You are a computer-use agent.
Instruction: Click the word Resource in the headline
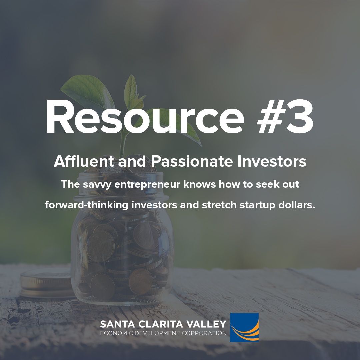pyautogui.click(x=145, y=117)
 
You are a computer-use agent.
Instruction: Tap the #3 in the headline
pyautogui.click(x=285, y=117)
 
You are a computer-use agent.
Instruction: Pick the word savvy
pyautogui.click(x=97, y=185)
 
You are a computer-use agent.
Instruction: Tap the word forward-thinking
pyautogui.click(x=87, y=205)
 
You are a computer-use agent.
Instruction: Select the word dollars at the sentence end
pyautogui.click(x=296, y=205)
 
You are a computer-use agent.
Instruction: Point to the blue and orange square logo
pyautogui.click(x=244, y=327)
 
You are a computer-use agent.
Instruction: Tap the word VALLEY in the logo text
pyautogui.click(x=206, y=324)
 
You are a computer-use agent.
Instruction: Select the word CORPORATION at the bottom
pyautogui.click(x=204, y=333)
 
